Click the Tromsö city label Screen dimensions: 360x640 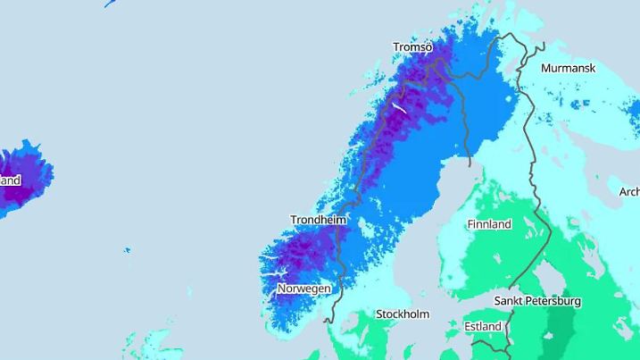pos(412,46)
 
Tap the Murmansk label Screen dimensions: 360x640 pos(568,68)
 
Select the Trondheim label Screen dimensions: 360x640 pos(318,220)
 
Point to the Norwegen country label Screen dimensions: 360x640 pos(303,289)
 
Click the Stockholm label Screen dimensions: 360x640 pos(403,314)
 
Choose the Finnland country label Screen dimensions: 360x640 pos(489,224)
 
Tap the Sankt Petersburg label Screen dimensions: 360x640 pos(538,301)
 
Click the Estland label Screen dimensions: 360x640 pos(483,327)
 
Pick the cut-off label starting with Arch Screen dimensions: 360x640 pos(629,192)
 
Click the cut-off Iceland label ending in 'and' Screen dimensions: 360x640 pos(10,180)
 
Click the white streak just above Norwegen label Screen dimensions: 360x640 pos(281,272)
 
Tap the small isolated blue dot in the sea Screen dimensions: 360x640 pos(127,250)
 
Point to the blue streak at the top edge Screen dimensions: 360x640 pos(112,4)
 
